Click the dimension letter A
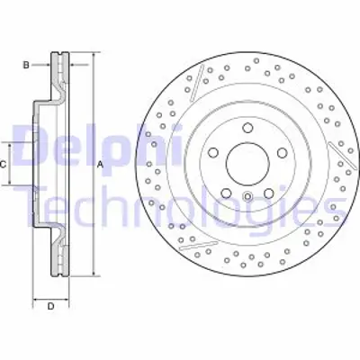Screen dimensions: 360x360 (x=101, y=164)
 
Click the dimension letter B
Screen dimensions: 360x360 (x=26, y=65)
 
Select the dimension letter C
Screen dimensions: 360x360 (x=4, y=164)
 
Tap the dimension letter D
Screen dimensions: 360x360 (x=50, y=306)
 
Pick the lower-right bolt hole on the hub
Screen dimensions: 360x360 (x=265, y=191)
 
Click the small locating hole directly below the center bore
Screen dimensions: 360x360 (x=245, y=195)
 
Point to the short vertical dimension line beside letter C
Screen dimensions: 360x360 (x=12, y=164)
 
